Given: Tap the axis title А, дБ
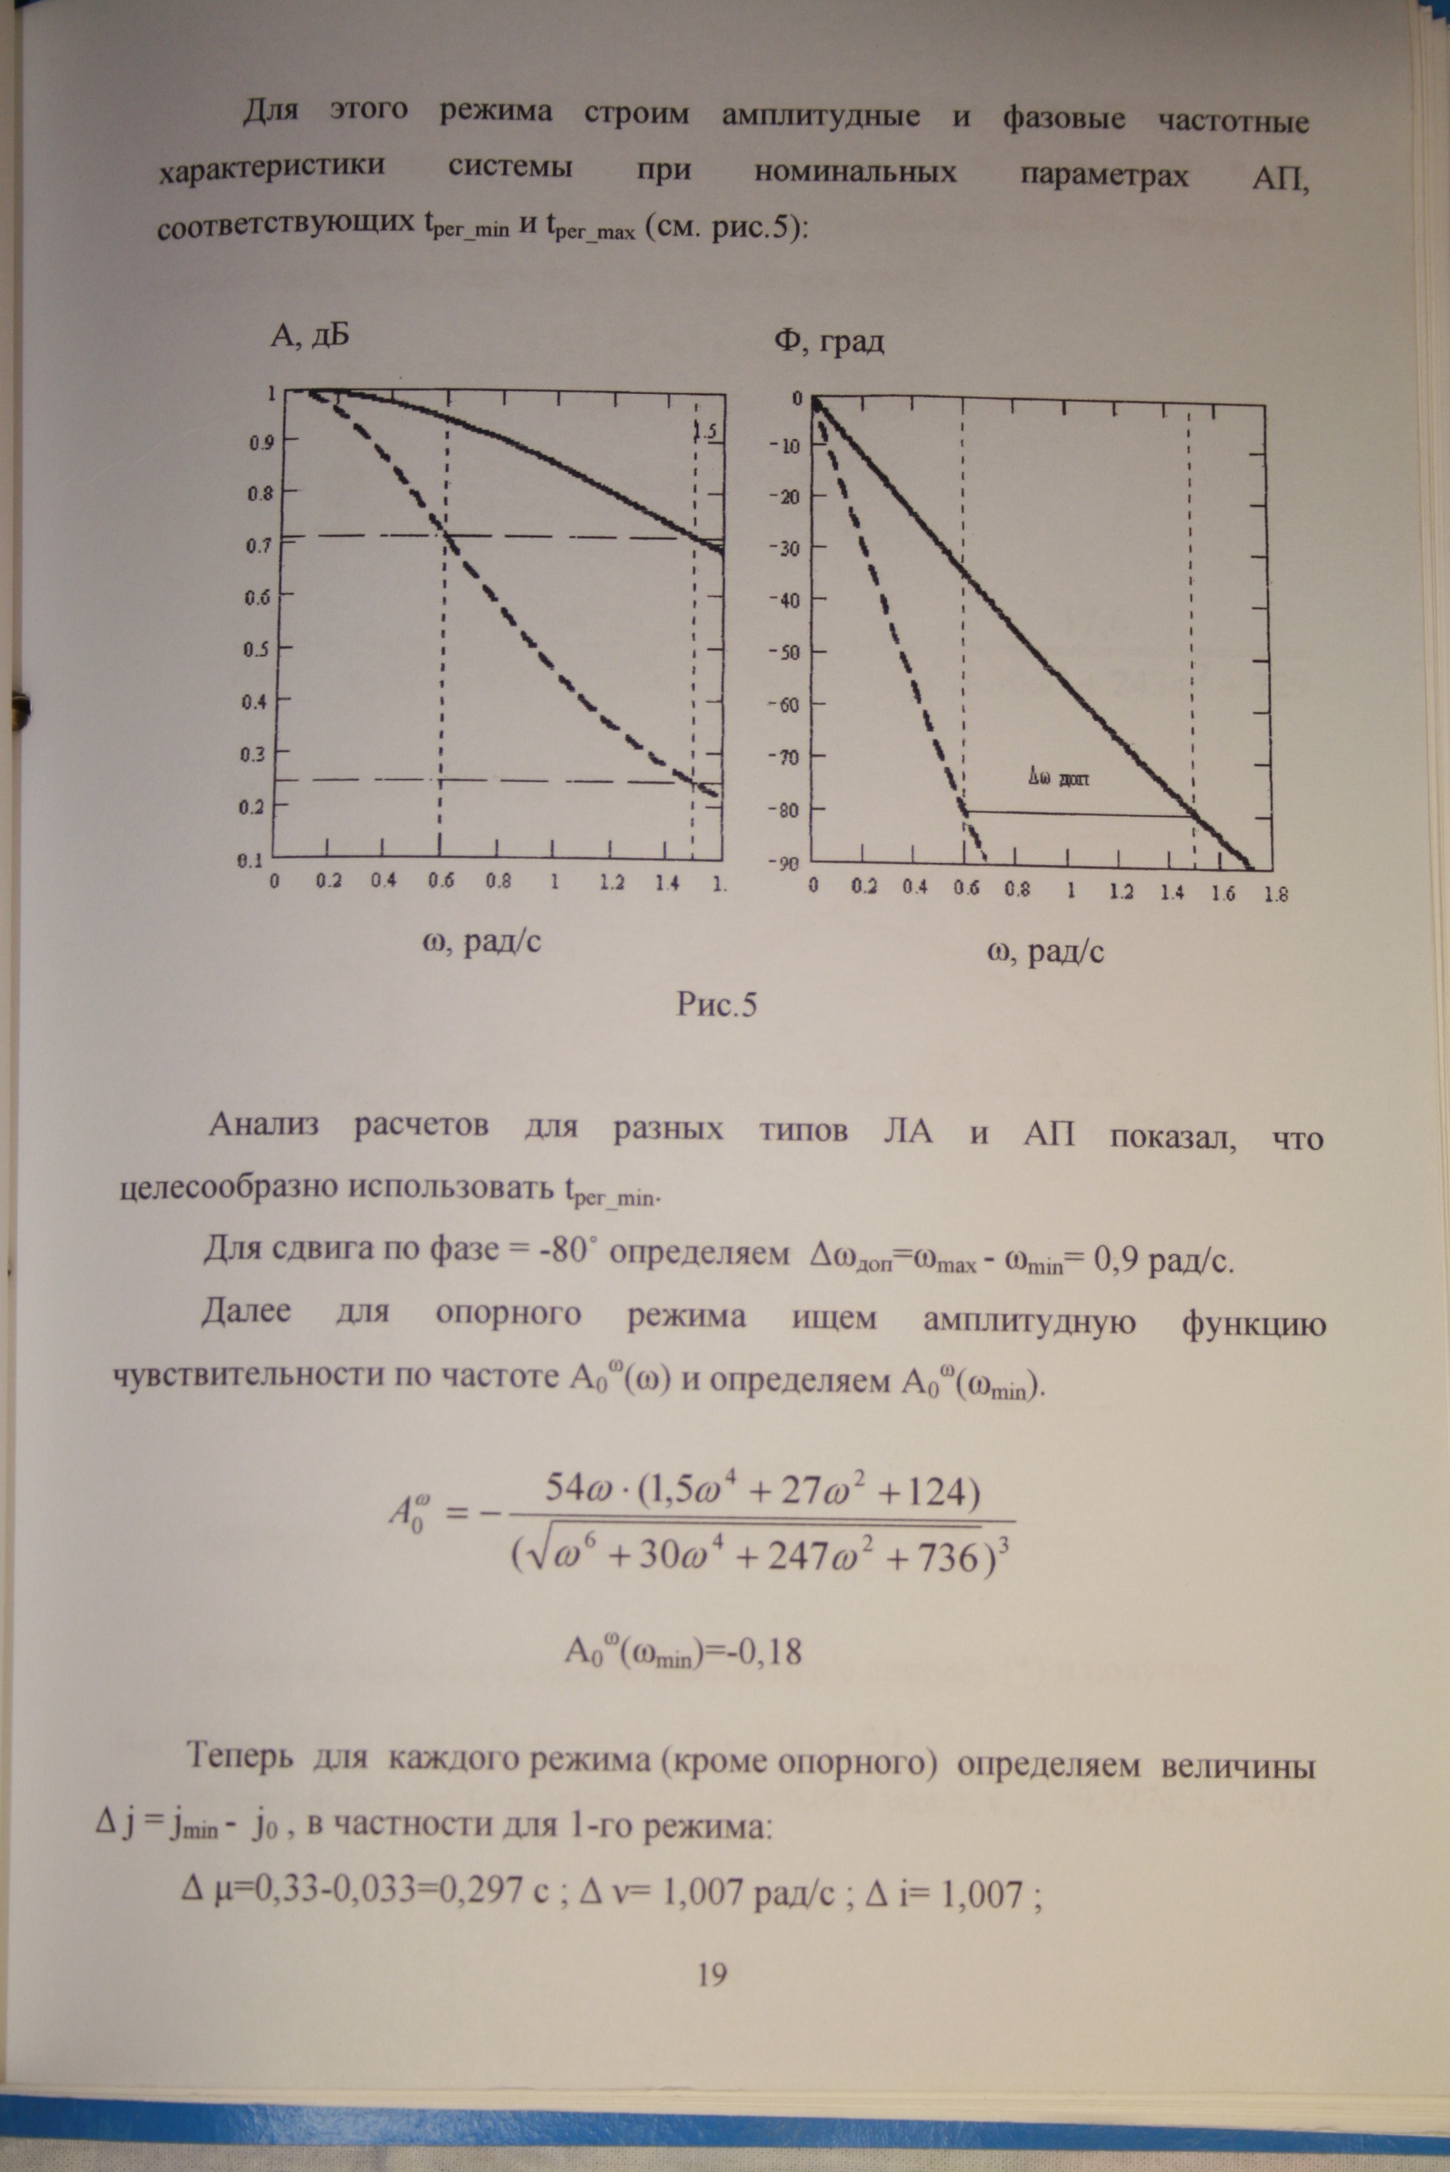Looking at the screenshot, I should [310, 336].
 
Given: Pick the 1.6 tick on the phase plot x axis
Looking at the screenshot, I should [1222, 894].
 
